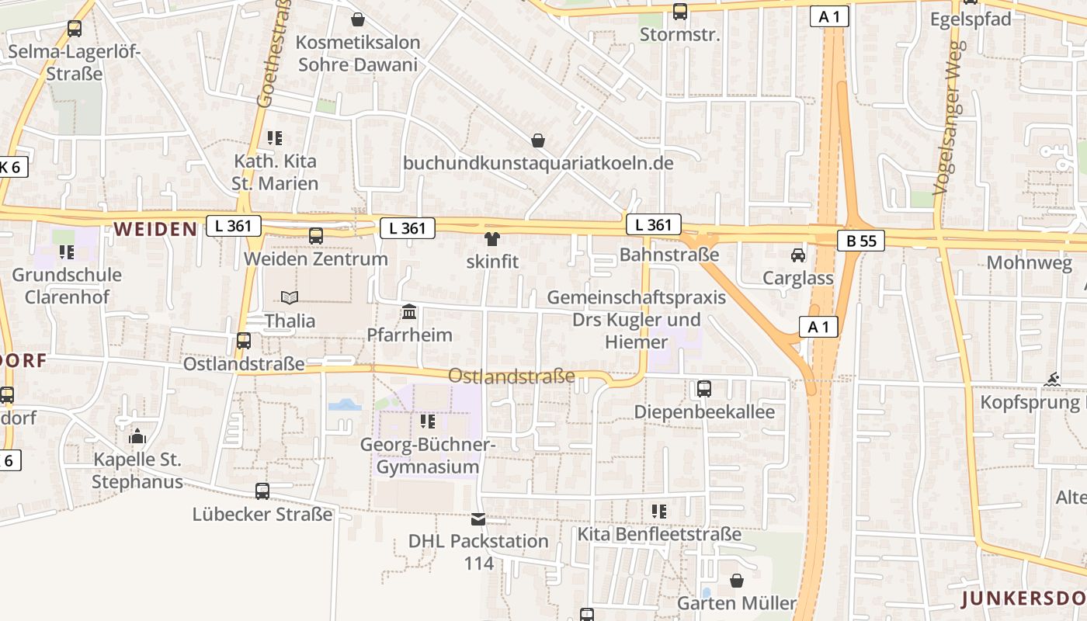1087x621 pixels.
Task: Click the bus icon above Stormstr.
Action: (680, 12)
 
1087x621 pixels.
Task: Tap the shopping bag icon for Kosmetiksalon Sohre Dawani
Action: (358, 19)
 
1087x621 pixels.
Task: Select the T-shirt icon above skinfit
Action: (491, 239)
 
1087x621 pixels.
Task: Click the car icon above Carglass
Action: (797, 255)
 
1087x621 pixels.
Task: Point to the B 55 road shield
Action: (861, 241)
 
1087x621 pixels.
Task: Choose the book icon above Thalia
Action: (290, 297)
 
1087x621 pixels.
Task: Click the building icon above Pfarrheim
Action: (409, 312)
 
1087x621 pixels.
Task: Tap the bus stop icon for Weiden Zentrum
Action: (316, 236)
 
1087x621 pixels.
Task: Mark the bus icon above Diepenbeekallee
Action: (704, 389)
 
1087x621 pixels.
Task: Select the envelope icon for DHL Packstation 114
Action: (478, 519)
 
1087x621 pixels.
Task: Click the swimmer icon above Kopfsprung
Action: (1053, 380)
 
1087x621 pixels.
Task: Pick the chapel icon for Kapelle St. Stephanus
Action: (137, 436)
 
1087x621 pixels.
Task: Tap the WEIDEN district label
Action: (155, 229)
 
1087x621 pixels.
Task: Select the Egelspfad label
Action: (971, 19)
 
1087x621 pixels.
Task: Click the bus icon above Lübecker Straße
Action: (262, 491)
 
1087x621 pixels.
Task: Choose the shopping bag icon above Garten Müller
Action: (737, 581)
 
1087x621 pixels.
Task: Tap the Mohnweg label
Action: (1029, 262)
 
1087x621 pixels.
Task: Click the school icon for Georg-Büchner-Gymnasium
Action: (427, 422)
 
